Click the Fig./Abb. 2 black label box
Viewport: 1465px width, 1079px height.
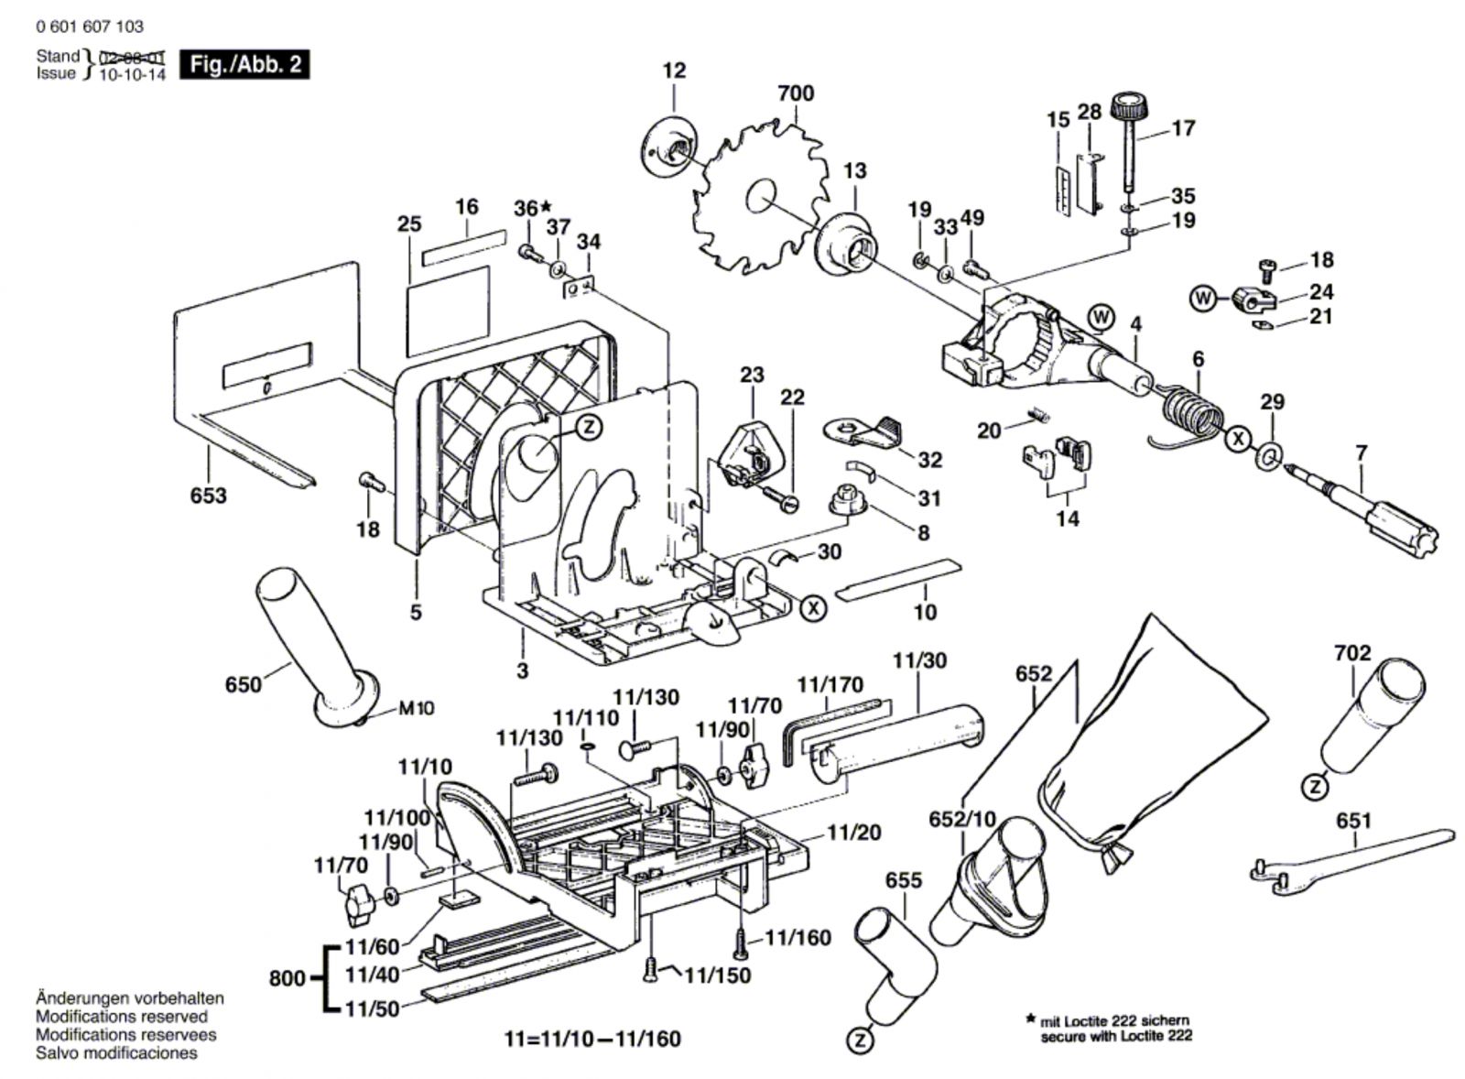(244, 65)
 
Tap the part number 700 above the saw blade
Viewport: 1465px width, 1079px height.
(795, 93)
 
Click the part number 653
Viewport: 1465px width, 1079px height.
(209, 496)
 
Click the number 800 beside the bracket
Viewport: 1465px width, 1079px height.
(287, 978)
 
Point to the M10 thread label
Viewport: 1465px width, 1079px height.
(416, 708)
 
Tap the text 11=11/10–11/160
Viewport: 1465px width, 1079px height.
(592, 1039)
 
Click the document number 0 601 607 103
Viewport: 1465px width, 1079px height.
(90, 27)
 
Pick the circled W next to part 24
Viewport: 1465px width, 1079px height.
(1203, 298)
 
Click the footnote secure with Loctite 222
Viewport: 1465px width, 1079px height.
(1116, 1037)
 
